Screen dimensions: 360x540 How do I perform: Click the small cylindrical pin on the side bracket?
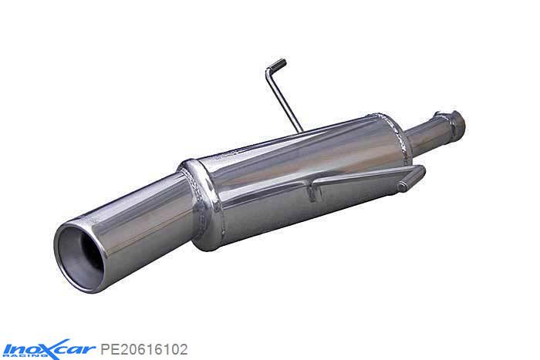[x=405, y=186]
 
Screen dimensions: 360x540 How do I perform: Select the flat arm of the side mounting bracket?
[x=363, y=177]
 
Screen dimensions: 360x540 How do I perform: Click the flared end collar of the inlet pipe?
[x=454, y=121]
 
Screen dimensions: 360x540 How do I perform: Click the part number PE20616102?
[x=143, y=349]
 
